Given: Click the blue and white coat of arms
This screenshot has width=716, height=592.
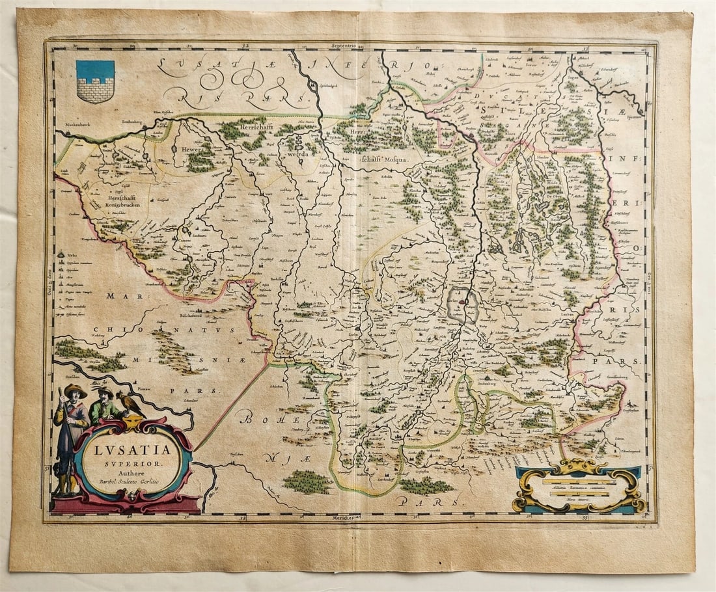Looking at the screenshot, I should pyautogui.click(x=95, y=81).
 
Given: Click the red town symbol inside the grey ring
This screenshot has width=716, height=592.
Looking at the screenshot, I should pyautogui.click(x=462, y=303).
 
